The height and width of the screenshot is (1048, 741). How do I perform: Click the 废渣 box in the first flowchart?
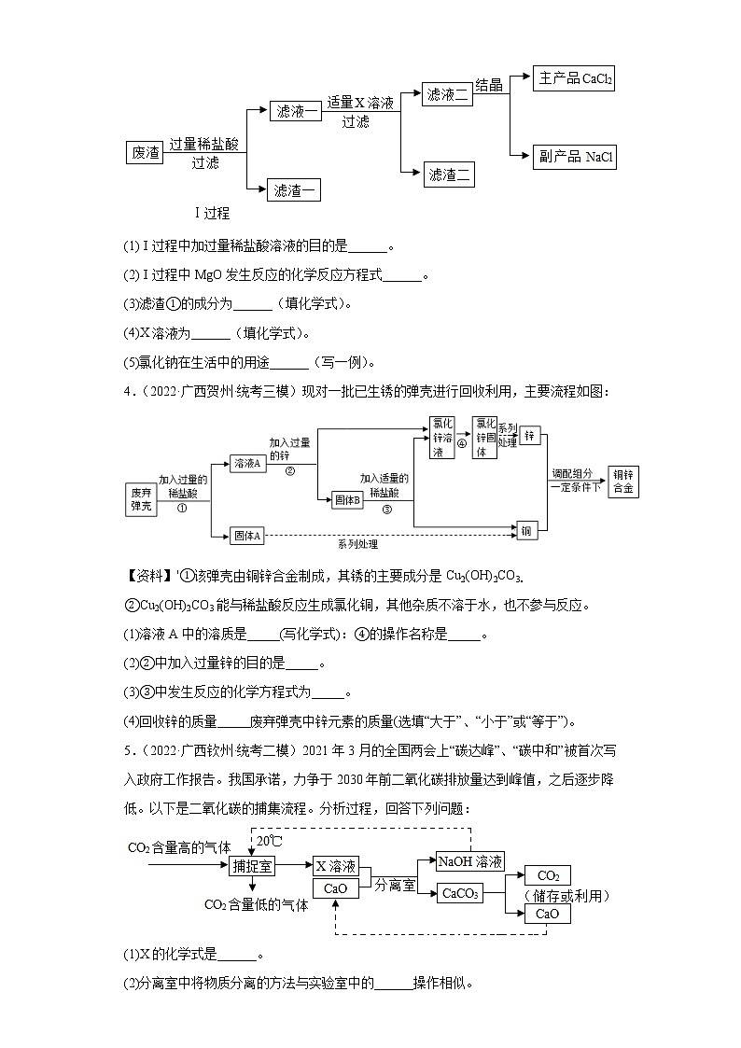147,152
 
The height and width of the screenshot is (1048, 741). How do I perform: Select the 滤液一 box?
297,111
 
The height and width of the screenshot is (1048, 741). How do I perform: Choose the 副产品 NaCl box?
575,157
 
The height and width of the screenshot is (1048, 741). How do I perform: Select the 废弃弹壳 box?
141,499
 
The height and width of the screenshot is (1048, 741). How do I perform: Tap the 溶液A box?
248,464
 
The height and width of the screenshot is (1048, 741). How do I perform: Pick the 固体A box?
248,535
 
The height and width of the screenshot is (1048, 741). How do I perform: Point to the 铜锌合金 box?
622,481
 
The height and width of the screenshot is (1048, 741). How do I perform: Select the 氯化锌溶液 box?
442,437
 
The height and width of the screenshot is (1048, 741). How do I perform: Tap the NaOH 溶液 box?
471,861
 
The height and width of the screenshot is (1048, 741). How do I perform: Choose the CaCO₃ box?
461,893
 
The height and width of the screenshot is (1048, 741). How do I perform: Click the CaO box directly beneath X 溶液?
336,888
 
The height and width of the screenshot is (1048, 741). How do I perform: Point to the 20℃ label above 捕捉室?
270,842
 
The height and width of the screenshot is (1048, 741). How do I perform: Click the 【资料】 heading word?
148,578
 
